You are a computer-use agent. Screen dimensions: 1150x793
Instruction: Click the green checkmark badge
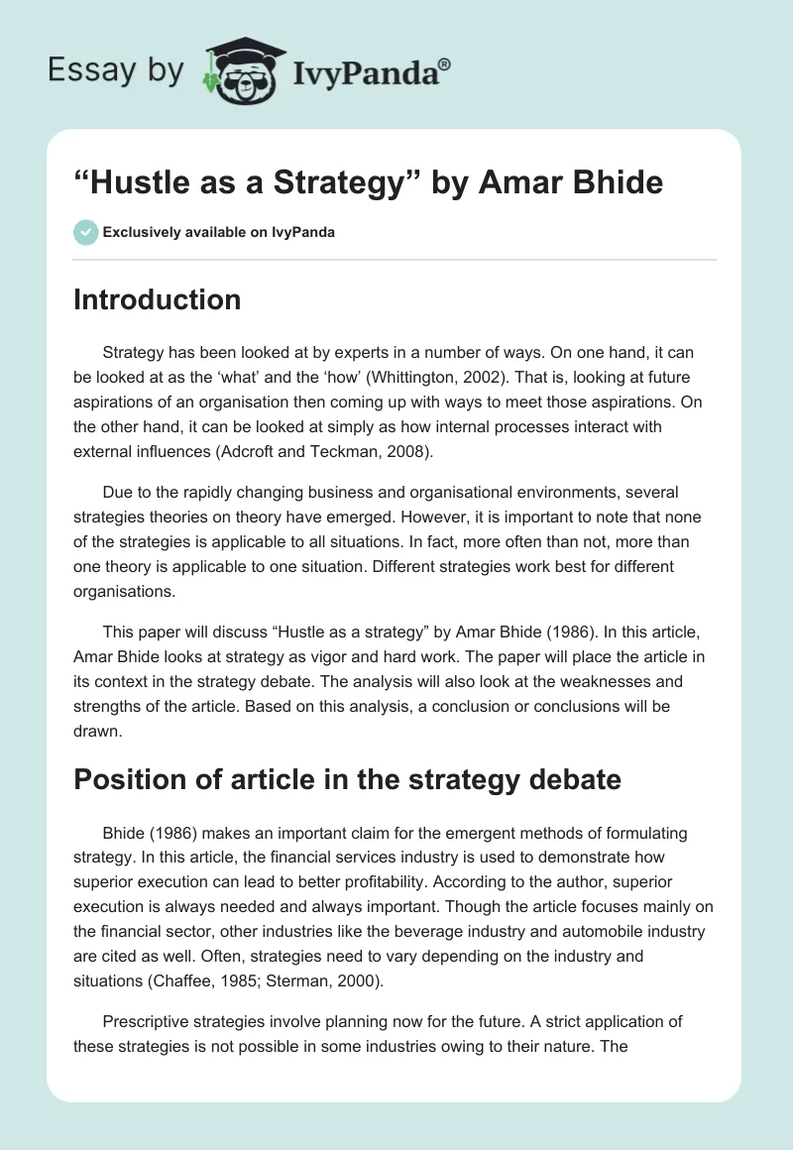tap(85, 232)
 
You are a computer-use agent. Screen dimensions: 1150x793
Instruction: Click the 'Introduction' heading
tap(157, 299)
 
